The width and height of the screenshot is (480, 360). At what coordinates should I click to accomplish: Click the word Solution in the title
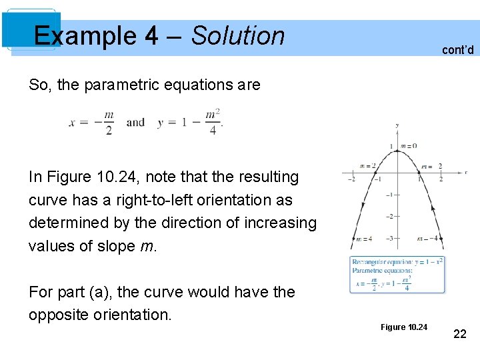click(238, 35)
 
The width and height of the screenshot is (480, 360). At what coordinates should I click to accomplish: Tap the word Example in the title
click(87, 35)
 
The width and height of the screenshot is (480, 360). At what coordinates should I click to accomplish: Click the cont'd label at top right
click(457, 49)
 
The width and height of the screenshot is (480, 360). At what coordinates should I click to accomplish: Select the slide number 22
click(459, 333)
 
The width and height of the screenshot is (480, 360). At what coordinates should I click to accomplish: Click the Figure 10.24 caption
click(404, 327)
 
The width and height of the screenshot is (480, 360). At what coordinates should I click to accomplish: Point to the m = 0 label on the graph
click(409, 146)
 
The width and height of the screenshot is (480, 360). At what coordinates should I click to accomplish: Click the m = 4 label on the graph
click(364, 239)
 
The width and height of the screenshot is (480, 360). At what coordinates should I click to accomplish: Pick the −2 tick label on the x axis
click(353, 179)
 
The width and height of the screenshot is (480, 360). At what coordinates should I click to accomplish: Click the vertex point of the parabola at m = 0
click(397, 151)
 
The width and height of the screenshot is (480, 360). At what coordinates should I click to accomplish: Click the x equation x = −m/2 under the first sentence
click(91, 123)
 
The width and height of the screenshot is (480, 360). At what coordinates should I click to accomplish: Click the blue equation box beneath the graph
click(397, 274)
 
